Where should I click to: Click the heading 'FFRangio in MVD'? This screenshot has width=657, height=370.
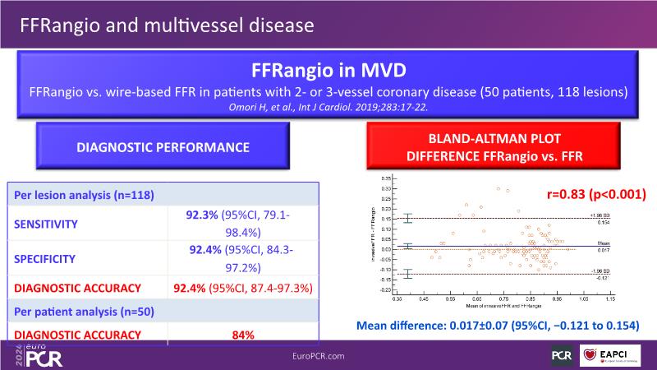click(x=328, y=72)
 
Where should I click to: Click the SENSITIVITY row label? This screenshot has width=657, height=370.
click(x=48, y=222)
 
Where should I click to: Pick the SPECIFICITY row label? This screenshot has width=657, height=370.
click(x=48, y=257)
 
